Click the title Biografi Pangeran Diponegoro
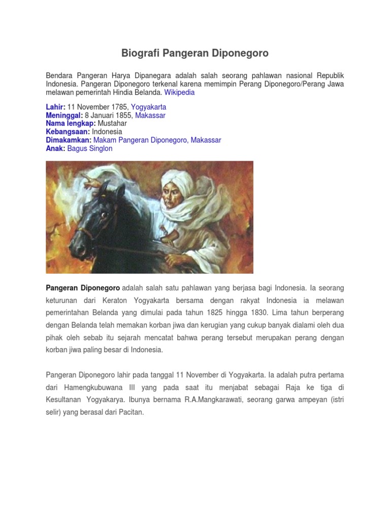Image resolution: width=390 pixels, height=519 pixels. pyautogui.click(x=195, y=53)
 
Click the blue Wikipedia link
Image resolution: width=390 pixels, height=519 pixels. pyautogui.click(x=179, y=93)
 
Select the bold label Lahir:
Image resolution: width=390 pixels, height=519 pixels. pyautogui.click(x=56, y=107)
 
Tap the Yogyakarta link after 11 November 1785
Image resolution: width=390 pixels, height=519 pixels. pyautogui.click(x=148, y=107)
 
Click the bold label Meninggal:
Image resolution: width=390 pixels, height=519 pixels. pyautogui.click(x=64, y=116)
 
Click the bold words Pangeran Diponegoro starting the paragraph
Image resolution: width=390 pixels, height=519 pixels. pyautogui.click(x=83, y=288)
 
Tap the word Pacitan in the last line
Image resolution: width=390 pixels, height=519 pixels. pyautogui.click(x=131, y=413)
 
